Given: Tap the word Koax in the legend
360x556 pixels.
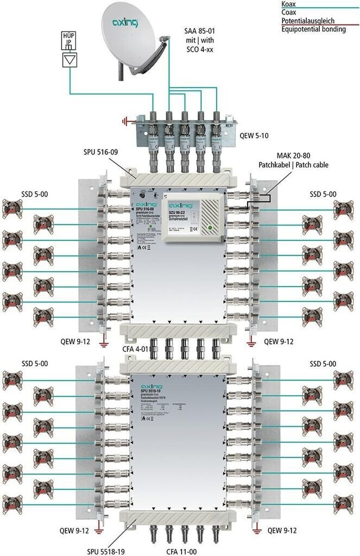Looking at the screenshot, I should (x=288, y=4).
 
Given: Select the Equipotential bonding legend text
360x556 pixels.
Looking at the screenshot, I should (x=314, y=29).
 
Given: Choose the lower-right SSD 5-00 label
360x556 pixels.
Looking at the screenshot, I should (x=323, y=363).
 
